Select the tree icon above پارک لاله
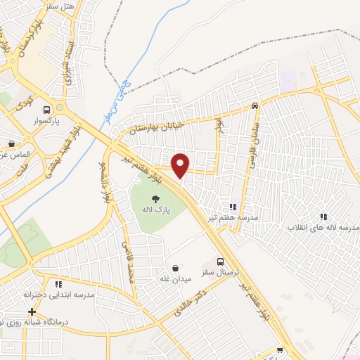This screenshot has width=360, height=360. (x=155, y=198)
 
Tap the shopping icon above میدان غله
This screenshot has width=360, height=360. (x=175, y=269)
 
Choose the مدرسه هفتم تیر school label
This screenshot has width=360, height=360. (x=233, y=218)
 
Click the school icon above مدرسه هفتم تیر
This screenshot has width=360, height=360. (x=233, y=207)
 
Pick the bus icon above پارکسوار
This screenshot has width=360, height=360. (x=47, y=110)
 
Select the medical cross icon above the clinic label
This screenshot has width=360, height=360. (x=32, y=311)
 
